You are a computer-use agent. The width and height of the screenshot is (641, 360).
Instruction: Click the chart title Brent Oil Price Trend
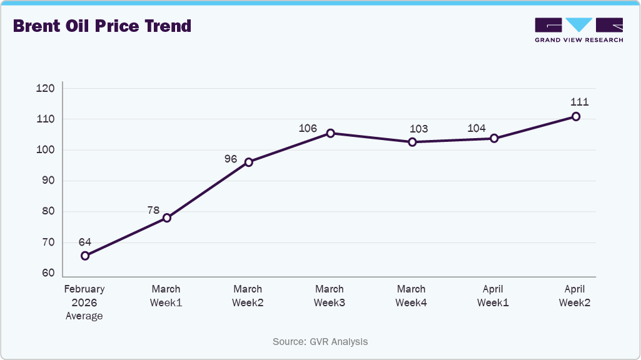pos(102,26)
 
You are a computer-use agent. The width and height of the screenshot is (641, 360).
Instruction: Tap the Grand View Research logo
pos(578,29)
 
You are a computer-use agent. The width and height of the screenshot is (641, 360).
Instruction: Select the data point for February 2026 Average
pos(85,256)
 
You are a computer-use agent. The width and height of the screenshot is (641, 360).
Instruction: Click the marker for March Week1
pos(167,218)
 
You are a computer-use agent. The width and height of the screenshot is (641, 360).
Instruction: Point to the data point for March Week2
pos(248,162)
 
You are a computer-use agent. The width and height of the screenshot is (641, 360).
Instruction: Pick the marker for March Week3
pos(330,133)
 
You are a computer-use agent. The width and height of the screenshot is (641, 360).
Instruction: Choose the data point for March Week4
pos(412,142)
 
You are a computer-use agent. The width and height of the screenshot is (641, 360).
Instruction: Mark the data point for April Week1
pos(494,138)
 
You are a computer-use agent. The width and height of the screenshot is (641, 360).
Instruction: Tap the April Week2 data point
pos(576,116)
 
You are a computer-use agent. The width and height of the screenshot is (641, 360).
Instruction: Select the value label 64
pos(85,242)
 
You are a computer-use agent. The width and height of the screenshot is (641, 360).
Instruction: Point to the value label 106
pos(308,128)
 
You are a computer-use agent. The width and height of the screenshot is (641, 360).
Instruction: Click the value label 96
pos(231,159)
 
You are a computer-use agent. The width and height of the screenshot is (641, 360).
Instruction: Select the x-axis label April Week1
pos(493,296)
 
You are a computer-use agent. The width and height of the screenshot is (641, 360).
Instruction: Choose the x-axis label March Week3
pos(330,296)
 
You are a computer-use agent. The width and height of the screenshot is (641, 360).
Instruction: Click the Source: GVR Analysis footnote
pos(320,342)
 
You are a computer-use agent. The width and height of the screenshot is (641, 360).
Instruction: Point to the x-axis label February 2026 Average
pos(84,302)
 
